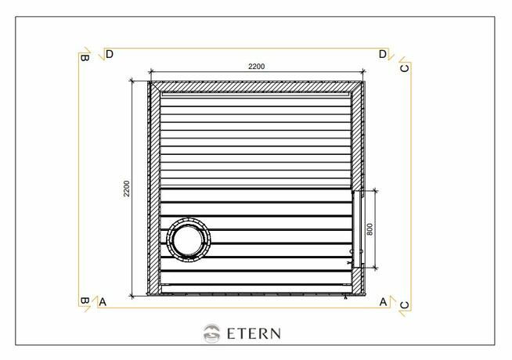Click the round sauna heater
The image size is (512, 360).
(x=189, y=239)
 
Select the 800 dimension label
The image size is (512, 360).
(x=370, y=229)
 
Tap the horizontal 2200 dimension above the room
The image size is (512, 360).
(x=256, y=67)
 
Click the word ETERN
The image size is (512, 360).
(x=254, y=333)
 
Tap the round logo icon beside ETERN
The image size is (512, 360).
(x=210, y=333)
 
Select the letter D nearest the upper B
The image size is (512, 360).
(x=110, y=54)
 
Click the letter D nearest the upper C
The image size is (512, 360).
(x=382, y=54)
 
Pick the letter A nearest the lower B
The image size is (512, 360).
(x=103, y=301)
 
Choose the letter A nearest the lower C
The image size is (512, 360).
(x=383, y=301)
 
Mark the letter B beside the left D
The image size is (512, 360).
(x=85, y=56)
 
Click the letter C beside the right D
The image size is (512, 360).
(x=404, y=68)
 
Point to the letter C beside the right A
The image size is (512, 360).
(x=404, y=304)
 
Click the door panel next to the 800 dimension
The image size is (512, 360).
(x=357, y=229)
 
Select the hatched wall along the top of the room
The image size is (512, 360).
(x=256, y=85)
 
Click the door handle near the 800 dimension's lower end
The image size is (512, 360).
(x=351, y=252)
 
